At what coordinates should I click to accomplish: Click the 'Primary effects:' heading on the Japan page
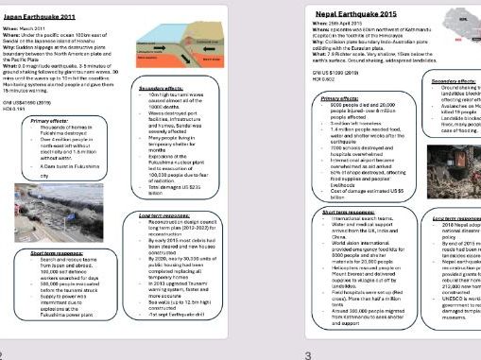pos(50,121)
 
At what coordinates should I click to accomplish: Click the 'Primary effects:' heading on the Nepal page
pos(340,97)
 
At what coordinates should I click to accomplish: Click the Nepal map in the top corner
pos(462,21)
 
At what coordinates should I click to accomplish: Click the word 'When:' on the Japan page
pos(15,29)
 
